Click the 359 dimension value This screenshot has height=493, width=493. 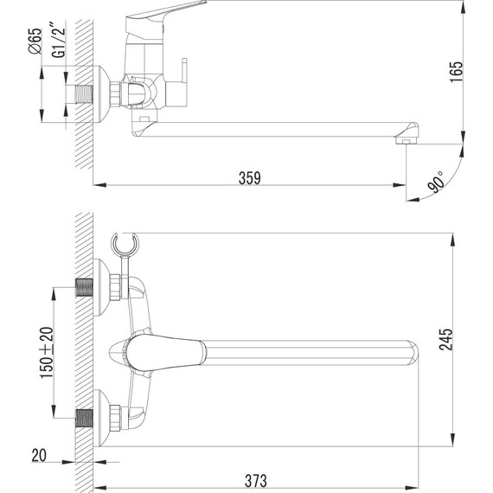(248, 177)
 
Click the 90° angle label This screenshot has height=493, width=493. (436, 183)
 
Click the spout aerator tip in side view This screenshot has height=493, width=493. (407, 138)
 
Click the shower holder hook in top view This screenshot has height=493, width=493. (126, 246)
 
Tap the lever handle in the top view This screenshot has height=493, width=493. (164, 350)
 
